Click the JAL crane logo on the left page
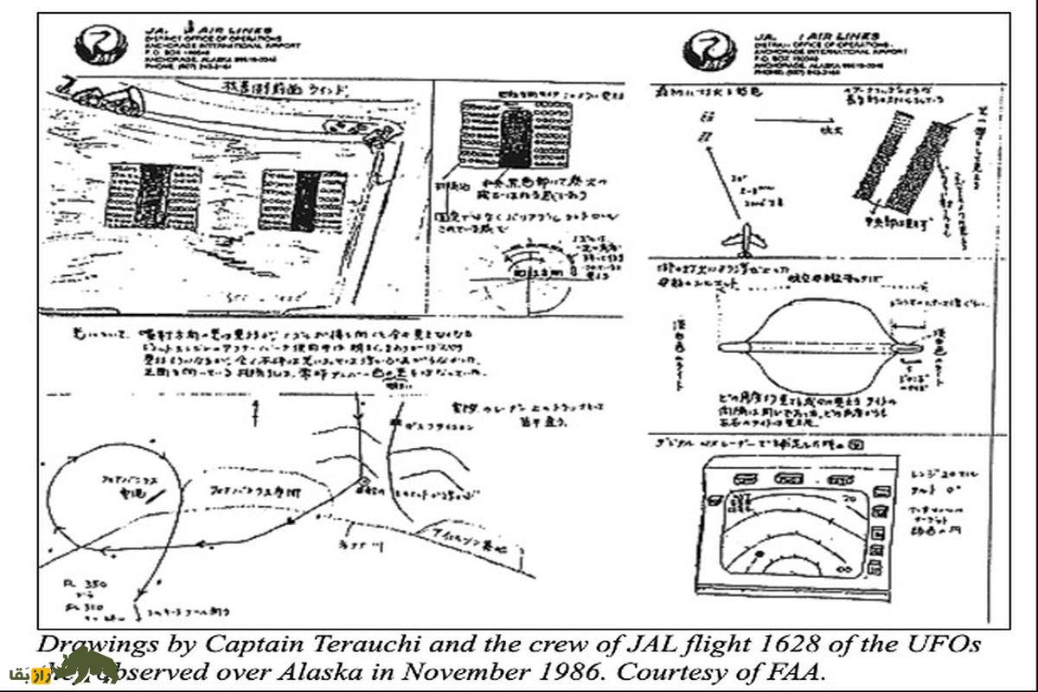[x=96, y=46]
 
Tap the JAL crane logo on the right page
[x=704, y=49]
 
